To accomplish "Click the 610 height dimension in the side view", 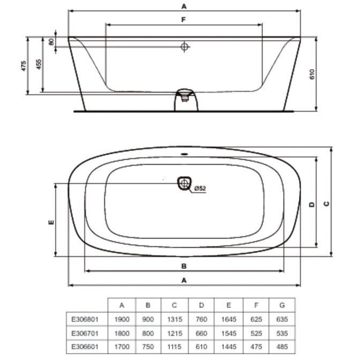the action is tap(312, 74).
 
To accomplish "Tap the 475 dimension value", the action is tap(24, 66).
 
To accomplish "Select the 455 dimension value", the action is tap(39, 64).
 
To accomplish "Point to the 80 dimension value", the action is tap(51, 42).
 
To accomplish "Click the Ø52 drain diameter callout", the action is tap(200, 188).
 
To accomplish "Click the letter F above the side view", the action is tap(183, 20).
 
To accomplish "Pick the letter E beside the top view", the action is tap(51, 222).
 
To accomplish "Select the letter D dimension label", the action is tap(312, 204).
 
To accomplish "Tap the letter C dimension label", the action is tap(326, 204).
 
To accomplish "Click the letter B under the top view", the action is tap(184, 266).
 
